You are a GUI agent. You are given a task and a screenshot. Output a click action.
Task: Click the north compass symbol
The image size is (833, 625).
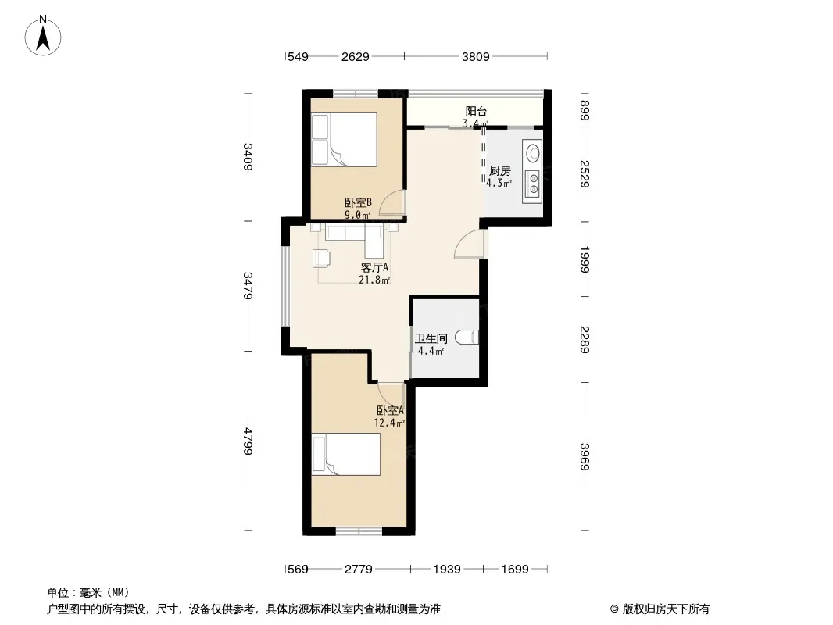(x=44, y=34)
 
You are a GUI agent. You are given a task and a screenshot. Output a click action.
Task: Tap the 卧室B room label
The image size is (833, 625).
(x=357, y=202)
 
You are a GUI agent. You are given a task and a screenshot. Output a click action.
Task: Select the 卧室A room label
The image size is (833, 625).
(x=390, y=411)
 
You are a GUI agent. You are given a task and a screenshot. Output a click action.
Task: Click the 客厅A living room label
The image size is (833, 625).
(x=374, y=268)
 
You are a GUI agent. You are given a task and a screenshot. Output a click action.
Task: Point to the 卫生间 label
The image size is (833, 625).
(x=431, y=338)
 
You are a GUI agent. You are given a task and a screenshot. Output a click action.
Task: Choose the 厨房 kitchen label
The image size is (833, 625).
(x=499, y=171)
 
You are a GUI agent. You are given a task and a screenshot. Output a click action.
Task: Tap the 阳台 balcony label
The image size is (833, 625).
(x=476, y=112)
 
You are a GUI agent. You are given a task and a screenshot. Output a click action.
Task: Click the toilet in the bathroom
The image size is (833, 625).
(x=468, y=337)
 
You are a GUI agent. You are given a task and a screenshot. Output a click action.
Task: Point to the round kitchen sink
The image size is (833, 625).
(x=533, y=152)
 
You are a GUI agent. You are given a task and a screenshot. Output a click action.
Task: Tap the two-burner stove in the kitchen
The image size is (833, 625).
(x=533, y=182)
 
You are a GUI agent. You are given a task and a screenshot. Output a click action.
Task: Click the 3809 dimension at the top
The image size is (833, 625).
(x=475, y=56)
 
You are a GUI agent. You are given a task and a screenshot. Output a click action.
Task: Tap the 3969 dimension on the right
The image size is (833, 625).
(x=585, y=455)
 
